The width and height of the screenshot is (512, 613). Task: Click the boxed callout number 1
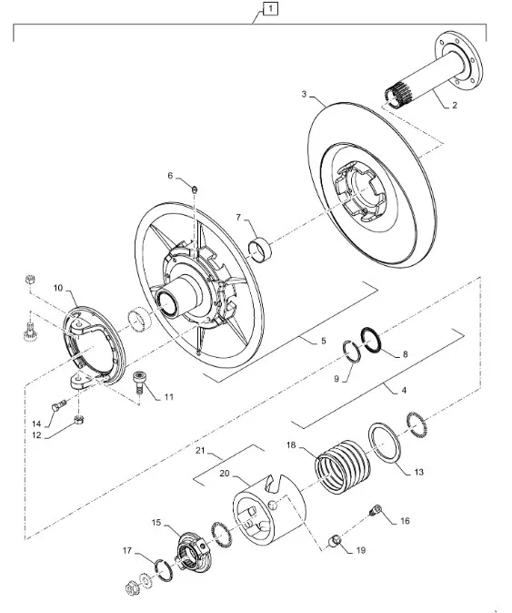pos(270,8)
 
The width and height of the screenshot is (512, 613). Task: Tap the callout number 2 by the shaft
pos(454,105)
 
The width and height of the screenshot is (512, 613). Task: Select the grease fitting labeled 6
pos(196,189)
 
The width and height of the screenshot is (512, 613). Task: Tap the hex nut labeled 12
pos(78,420)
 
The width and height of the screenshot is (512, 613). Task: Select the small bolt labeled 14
pos(58,405)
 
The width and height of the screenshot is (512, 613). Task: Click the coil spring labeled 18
pos(342,466)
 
